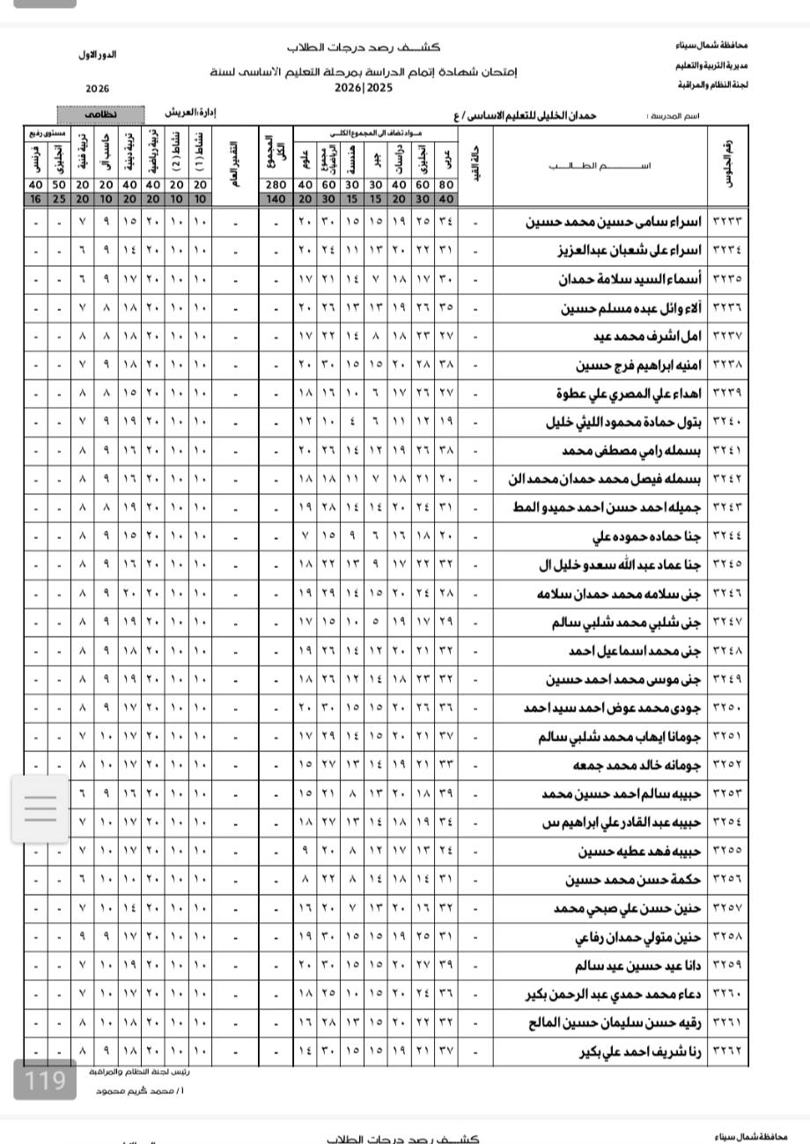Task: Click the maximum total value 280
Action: pyautogui.click(x=276, y=185)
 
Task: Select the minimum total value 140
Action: pyautogui.click(x=276, y=199)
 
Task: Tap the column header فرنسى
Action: pyautogui.click(x=35, y=160)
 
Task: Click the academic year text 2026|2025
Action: pyautogui.click(x=362, y=88)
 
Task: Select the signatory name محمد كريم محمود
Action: pyautogui.click(x=131, y=1091)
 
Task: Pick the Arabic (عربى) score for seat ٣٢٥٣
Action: pyautogui.click(x=446, y=794)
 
